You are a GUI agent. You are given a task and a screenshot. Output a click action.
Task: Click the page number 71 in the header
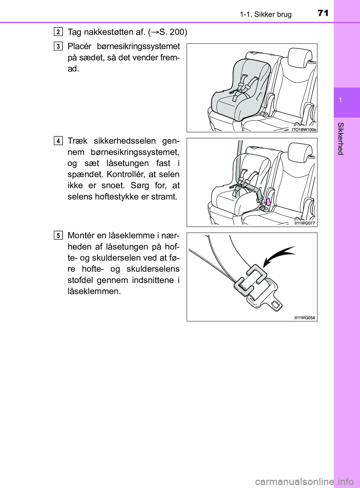click(322, 14)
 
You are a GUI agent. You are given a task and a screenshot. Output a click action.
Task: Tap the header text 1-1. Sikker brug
click(265, 15)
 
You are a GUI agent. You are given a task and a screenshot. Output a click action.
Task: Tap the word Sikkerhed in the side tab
click(340, 139)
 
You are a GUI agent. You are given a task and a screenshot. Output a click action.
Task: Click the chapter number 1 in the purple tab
click(340, 101)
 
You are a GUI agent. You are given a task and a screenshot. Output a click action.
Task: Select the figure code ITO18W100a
click(304, 129)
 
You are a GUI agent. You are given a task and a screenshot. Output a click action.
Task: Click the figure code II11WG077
click(304, 223)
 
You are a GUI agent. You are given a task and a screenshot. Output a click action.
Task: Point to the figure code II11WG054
click(304, 318)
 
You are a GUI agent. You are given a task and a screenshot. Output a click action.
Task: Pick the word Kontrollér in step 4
click(126, 175)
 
